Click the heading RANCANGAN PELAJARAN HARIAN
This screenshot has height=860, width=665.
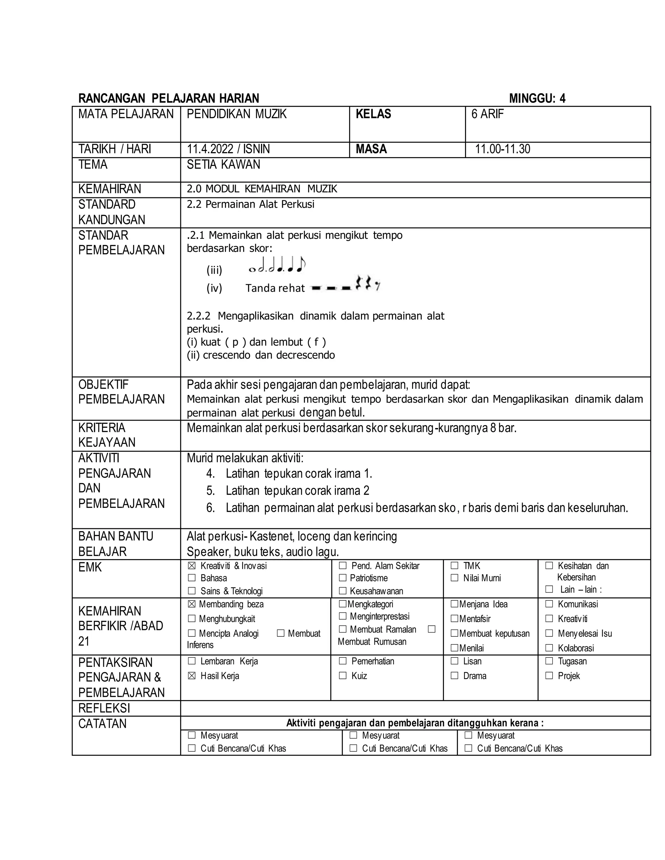click(x=169, y=98)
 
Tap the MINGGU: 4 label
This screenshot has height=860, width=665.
click(x=537, y=98)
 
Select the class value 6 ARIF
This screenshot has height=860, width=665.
click(x=487, y=114)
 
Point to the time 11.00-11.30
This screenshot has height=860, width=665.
click(x=502, y=149)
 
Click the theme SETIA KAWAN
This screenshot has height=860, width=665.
click(x=223, y=165)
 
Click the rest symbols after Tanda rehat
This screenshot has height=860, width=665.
click(x=345, y=284)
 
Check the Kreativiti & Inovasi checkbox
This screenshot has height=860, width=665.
click(x=192, y=566)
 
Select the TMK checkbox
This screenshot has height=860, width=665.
click(x=455, y=566)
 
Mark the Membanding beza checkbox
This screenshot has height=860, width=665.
click(x=192, y=605)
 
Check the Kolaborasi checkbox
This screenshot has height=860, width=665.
click(x=549, y=648)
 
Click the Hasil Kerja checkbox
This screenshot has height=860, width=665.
click(x=192, y=676)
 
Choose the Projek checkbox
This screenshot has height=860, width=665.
click(x=549, y=676)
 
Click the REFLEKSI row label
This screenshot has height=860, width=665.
click(x=104, y=708)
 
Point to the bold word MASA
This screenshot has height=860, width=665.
click(x=371, y=149)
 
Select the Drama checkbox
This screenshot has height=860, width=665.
click(x=455, y=676)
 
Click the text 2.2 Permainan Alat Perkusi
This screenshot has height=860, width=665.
click(x=251, y=204)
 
